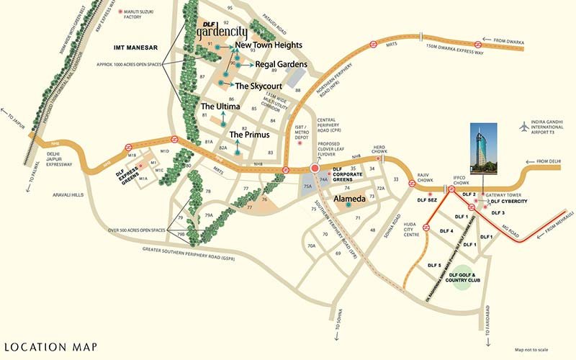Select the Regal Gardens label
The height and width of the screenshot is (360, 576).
281,64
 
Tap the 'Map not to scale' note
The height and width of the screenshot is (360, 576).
534,350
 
